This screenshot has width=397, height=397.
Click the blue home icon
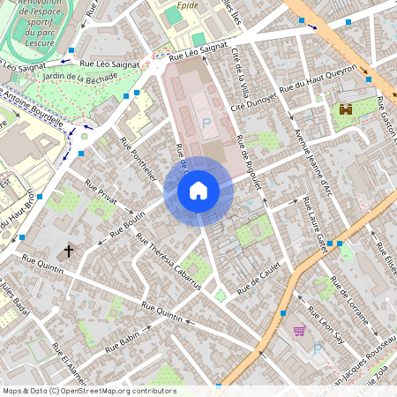click(x=198, y=190)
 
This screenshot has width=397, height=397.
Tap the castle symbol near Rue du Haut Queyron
click(x=345, y=110)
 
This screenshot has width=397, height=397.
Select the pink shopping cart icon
click(x=299, y=332)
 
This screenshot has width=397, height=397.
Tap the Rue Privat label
click(x=102, y=195)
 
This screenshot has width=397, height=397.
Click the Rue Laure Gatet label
click(x=315, y=225)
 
